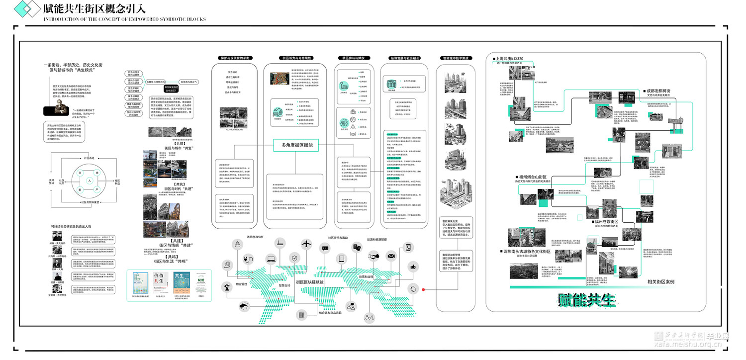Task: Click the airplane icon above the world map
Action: (x=306, y=244)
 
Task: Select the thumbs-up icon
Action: (x=412, y=267)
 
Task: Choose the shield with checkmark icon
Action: (x=295, y=258)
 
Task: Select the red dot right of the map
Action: (x=423, y=289)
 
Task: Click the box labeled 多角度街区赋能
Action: (x=297, y=145)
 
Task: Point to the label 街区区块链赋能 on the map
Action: (x=310, y=282)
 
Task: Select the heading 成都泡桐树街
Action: (x=661, y=91)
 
